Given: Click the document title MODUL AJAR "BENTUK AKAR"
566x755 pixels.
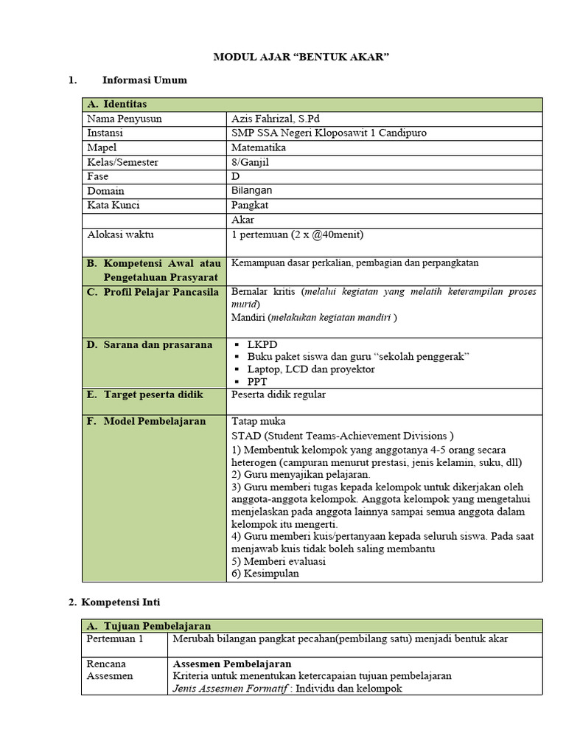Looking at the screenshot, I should pos(301,57).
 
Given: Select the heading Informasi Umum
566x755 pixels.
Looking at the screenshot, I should pos(144,80).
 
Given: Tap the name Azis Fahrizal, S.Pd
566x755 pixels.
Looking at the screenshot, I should pos(275,119).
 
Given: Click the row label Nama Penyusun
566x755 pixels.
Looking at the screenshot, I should pos(124,119).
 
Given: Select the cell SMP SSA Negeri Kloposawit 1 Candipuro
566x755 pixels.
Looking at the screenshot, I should pos(328,133).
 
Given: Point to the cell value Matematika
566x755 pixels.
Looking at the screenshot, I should pos(259,147).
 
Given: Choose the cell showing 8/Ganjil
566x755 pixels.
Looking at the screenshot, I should pos(252,161).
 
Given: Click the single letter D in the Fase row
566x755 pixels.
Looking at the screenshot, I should pos(236,176).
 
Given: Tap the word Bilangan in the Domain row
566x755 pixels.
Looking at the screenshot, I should pos(251,190).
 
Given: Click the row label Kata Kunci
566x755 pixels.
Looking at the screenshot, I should pos(113,205).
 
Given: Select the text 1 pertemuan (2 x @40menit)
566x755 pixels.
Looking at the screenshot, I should pos(298,234).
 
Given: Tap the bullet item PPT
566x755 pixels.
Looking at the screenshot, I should pos(257,382).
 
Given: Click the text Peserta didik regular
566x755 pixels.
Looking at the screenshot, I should pos(278,395).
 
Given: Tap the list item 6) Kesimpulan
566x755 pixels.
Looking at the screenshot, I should pos(265,574).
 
